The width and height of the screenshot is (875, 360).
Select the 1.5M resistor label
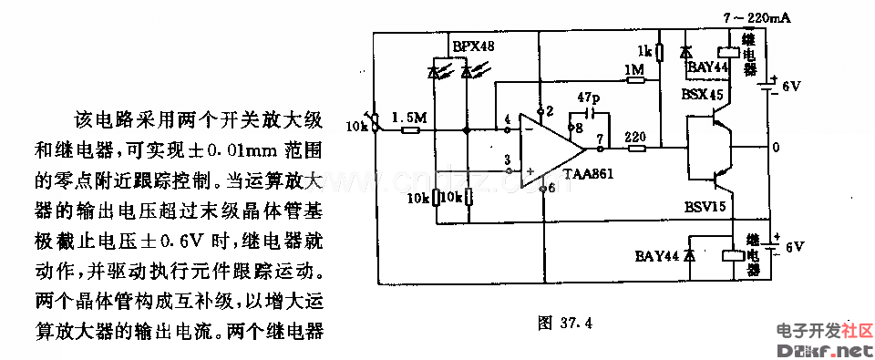(x=407, y=118)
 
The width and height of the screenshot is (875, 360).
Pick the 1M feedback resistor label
(x=634, y=70)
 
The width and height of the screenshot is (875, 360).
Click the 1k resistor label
(x=643, y=50)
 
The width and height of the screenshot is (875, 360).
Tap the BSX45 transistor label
(x=701, y=94)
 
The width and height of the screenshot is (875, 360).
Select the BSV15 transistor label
(x=704, y=207)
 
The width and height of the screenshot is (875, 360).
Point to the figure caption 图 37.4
(x=566, y=321)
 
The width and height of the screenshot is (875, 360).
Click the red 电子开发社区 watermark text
(x=824, y=330)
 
